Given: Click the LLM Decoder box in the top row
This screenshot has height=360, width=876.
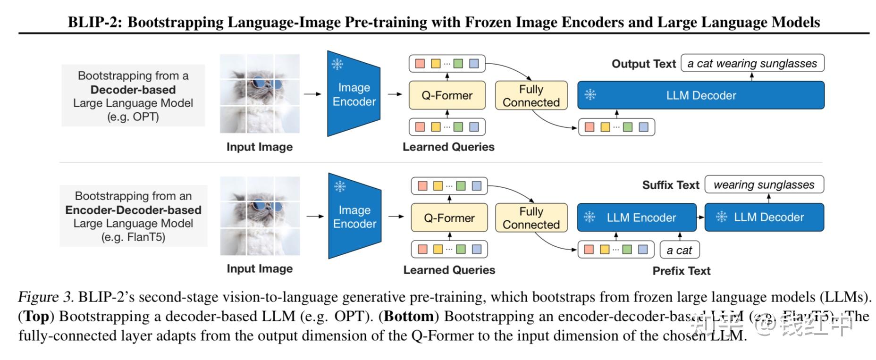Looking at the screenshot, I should coord(701,95).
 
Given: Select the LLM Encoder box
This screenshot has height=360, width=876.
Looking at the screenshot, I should coord(637,218).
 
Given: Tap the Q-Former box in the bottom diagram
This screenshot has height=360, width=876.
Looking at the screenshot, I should coord(449,218).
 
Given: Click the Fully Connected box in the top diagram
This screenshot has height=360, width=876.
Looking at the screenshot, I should coord(531,96).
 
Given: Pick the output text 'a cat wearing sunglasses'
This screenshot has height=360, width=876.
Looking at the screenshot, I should coord(752,64).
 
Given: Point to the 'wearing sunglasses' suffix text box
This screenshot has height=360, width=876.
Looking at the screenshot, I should coord(764,185).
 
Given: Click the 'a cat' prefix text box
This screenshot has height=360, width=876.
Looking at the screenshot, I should coord(679,250).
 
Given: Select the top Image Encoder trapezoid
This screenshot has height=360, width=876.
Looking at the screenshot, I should coord(354,94).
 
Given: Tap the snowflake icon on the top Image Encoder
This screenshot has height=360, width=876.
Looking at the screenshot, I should coord(337,64).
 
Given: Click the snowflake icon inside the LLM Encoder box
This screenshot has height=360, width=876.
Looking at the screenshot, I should coord(590,217).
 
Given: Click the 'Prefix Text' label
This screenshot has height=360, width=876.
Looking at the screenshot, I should coord(681,271).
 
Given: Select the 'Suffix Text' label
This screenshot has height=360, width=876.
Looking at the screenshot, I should coord(670,185).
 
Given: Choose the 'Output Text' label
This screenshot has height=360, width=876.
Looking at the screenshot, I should coord(644,64).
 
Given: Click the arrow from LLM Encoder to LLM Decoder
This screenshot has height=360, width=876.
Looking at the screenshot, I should coord(700,218).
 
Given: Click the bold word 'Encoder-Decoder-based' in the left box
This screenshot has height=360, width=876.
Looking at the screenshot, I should coord(133,210).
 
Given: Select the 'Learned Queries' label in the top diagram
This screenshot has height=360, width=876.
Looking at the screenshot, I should coord(448,147).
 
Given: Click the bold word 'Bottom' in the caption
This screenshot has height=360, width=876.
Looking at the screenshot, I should coord(409,316).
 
